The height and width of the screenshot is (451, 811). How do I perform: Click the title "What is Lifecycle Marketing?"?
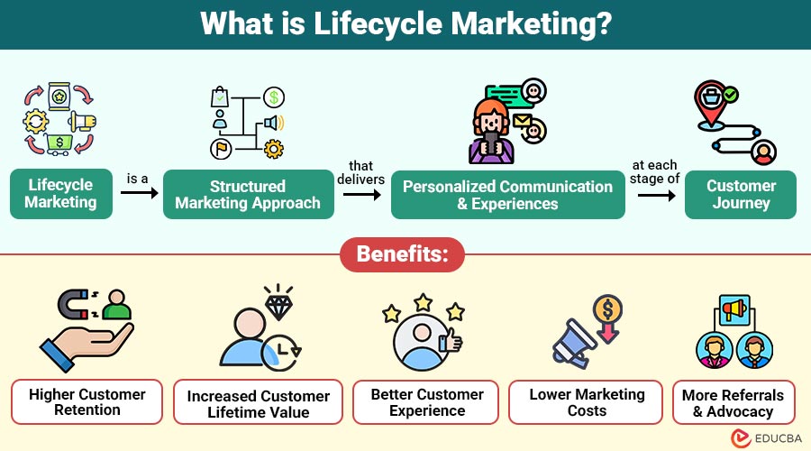click(x=405, y=23)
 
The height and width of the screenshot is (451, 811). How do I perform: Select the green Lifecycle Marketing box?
click(x=60, y=194)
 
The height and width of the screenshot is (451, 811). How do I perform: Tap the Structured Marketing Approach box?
click(x=248, y=194)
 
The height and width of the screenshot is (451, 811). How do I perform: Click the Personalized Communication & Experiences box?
click(x=507, y=194)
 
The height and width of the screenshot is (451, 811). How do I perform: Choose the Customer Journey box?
click(x=741, y=194)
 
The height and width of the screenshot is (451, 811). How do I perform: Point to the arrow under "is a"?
click(x=137, y=193)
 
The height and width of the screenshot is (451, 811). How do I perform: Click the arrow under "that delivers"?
click(x=362, y=193)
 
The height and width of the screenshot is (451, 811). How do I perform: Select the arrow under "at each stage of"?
click(x=655, y=193)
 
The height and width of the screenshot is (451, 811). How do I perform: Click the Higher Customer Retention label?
click(x=87, y=402)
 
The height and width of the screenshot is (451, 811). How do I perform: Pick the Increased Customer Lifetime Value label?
click(x=259, y=404)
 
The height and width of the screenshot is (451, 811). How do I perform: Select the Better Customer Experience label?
click(x=427, y=402)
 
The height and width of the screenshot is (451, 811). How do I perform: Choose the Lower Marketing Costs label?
click(x=587, y=402)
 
